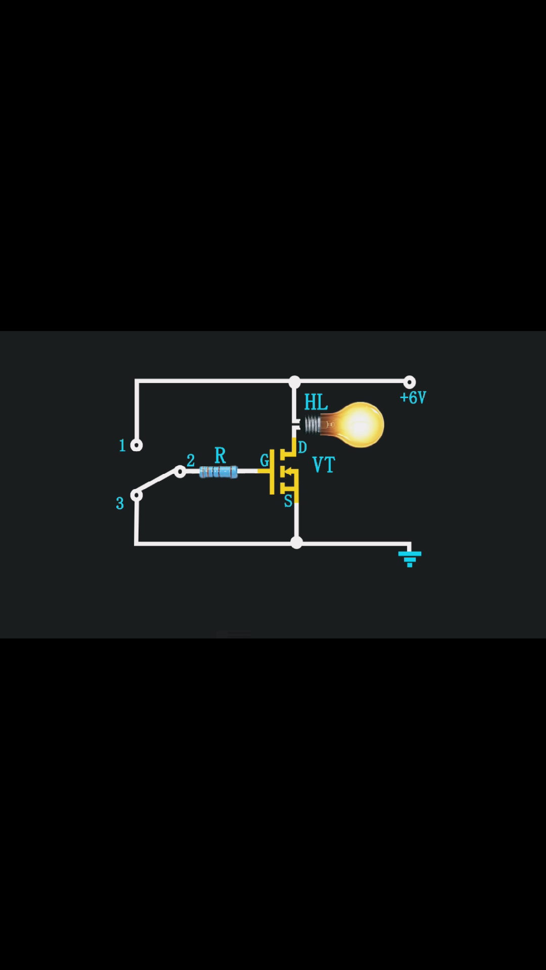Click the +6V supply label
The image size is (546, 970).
413,398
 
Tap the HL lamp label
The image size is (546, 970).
316,402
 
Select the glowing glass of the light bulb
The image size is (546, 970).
357,424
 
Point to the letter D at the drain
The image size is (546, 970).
302,447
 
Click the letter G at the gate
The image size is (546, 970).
264,460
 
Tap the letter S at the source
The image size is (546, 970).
288,501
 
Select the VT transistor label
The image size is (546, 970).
324,465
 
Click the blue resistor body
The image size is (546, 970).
218,472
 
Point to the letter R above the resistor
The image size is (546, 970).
220,456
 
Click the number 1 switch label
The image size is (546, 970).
122,445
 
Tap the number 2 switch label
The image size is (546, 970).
191,460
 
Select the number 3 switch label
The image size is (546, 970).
120,503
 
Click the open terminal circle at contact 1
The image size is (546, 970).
136,445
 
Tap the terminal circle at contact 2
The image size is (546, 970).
180,471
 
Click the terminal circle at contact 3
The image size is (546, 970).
136,495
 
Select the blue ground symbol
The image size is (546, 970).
409,559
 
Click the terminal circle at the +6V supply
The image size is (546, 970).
409,382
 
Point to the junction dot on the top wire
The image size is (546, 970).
295,382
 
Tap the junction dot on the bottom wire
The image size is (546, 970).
297,543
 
